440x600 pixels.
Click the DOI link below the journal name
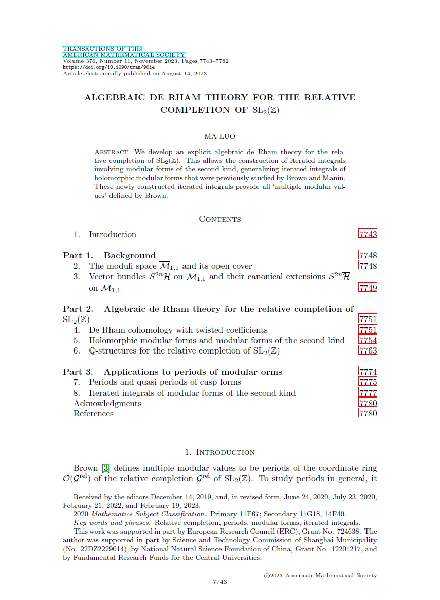(x=108, y=67)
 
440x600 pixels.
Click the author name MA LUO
(x=220, y=136)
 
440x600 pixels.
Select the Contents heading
(x=220, y=219)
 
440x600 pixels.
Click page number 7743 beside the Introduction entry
(x=368, y=234)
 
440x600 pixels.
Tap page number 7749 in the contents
(x=368, y=288)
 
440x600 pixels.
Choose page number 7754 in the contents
(x=368, y=340)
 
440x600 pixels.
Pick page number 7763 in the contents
(x=368, y=350)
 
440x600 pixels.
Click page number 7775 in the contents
(x=368, y=382)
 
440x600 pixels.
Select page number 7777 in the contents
(x=368, y=393)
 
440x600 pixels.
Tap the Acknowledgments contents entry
(x=107, y=403)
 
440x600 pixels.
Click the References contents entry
(x=93, y=413)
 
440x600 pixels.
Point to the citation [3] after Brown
(x=106, y=468)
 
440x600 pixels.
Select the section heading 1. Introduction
(x=220, y=452)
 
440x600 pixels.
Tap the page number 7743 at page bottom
(x=219, y=582)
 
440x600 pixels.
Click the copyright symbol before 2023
(x=267, y=576)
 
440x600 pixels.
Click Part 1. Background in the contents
(x=109, y=255)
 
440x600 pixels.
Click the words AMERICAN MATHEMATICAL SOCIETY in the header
(x=124, y=55)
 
